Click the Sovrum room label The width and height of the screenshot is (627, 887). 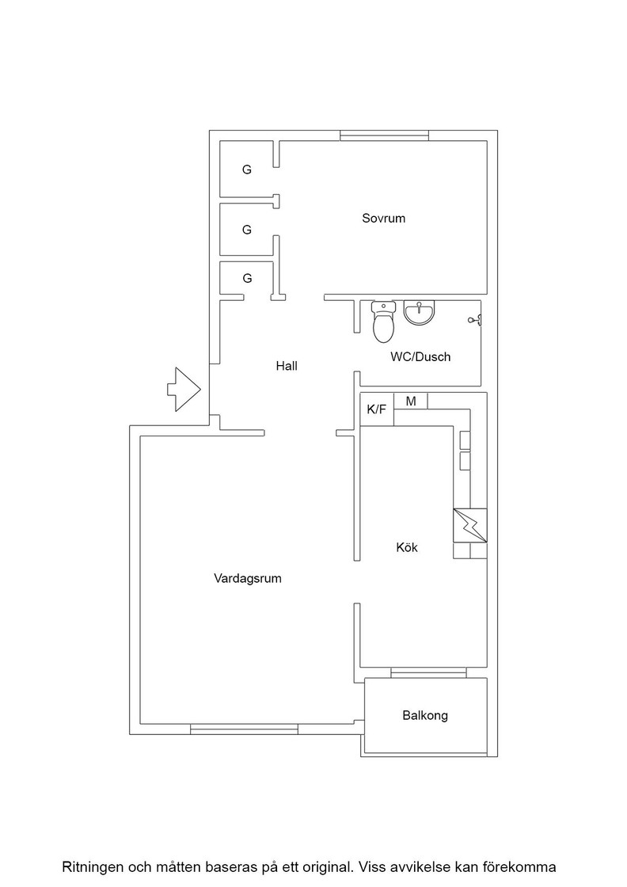(383, 219)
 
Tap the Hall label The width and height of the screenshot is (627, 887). (287, 366)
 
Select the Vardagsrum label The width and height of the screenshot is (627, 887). (248, 579)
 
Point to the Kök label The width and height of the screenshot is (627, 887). (407, 547)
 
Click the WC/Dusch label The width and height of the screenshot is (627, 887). (420, 357)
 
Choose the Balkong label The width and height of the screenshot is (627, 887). (425, 716)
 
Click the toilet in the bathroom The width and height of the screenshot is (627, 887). (383, 322)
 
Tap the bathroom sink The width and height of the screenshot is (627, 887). (420, 313)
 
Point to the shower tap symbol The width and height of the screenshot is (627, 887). (475, 321)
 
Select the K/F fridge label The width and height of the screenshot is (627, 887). (377, 409)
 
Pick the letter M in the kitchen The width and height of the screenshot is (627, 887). (411, 401)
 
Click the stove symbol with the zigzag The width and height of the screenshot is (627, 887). (469, 526)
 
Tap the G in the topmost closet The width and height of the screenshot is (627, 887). (246, 169)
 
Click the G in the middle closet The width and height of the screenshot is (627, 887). (246, 230)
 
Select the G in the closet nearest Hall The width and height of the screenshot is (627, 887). (246, 278)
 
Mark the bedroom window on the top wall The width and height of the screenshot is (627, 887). (384, 135)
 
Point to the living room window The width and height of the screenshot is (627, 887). (245, 729)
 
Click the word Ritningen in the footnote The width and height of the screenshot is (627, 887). (93, 867)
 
